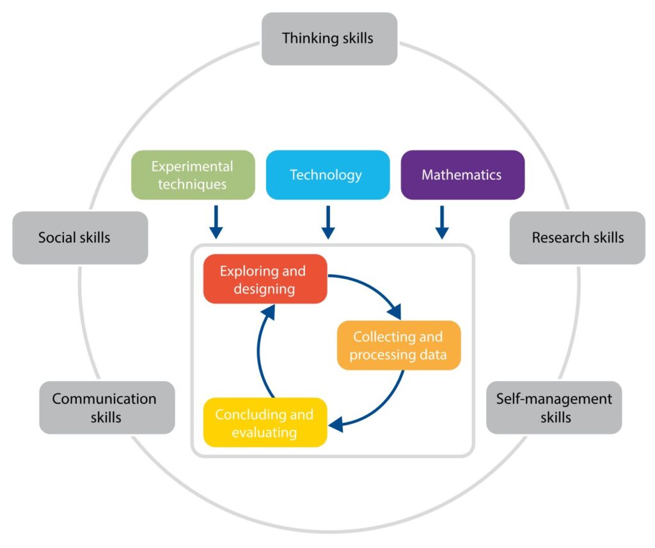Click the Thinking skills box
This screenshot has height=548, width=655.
pyautogui.click(x=329, y=38)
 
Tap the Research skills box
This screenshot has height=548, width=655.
pyautogui.click(x=577, y=238)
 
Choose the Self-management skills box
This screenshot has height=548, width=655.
pyautogui.click(x=554, y=408)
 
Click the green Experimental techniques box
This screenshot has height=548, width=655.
pyautogui.click(x=193, y=175)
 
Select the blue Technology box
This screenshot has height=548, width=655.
pyautogui.click(x=327, y=175)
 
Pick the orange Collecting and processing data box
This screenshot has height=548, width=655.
pyautogui.click(x=399, y=345)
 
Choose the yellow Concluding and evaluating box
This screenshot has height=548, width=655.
pyautogui.click(x=265, y=423)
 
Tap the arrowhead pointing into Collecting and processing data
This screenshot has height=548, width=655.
pyautogui.click(x=395, y=313)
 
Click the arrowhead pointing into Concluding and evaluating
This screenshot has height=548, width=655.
pyautogui.click(x=335, y=423)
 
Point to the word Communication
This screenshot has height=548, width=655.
pyautogui.click(x=104, y=399)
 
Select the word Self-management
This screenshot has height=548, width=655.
pyautogui.click(x=554, y=399)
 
